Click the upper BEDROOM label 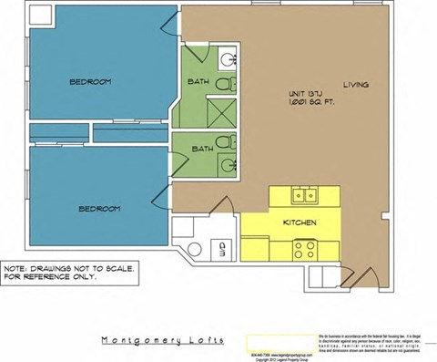[x=90, y=82]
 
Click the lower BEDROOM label [x=99, y=209]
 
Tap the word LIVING [x=356, y=85]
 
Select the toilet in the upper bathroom [x=231, y=84]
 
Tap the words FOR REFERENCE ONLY [x=56, y=277]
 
